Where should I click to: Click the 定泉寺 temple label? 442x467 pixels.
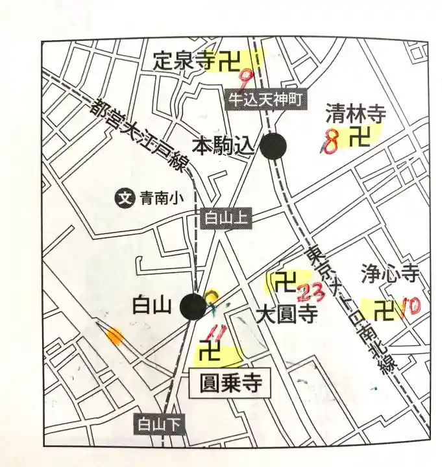(184, 62)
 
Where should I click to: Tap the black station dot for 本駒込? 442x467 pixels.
(273, 146)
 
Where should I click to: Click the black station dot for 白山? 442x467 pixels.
(193, 306)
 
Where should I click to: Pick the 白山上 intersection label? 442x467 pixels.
(224, 219)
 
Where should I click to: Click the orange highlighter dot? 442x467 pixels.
(114, 336)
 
